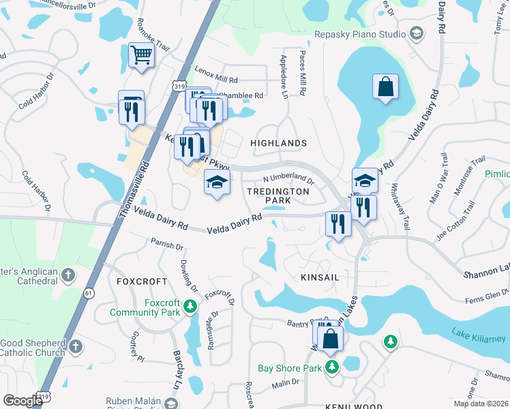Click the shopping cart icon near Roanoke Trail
pyautogui.click(x=141, y=55)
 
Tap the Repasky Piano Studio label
pyautogui.click(x=361, y=33)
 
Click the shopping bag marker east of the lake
pyautogui.click(x=385, y=87)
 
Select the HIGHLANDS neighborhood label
pyautogui.click(x=279, y=143)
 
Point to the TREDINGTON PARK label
pyautogui.click(x=277, y=196)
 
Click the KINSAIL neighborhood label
pyautogui.click(x=320, y=277)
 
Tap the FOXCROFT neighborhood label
pyautogui.click(x=142, y=281)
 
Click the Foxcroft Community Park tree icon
pyautogui.click(x=191, y=312)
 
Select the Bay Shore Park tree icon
pyautogui.click(x=331, y=368)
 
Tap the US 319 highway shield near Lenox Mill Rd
pyautogui.click(x=179, y=87)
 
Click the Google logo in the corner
pyautogui.click(x=22, y=401)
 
